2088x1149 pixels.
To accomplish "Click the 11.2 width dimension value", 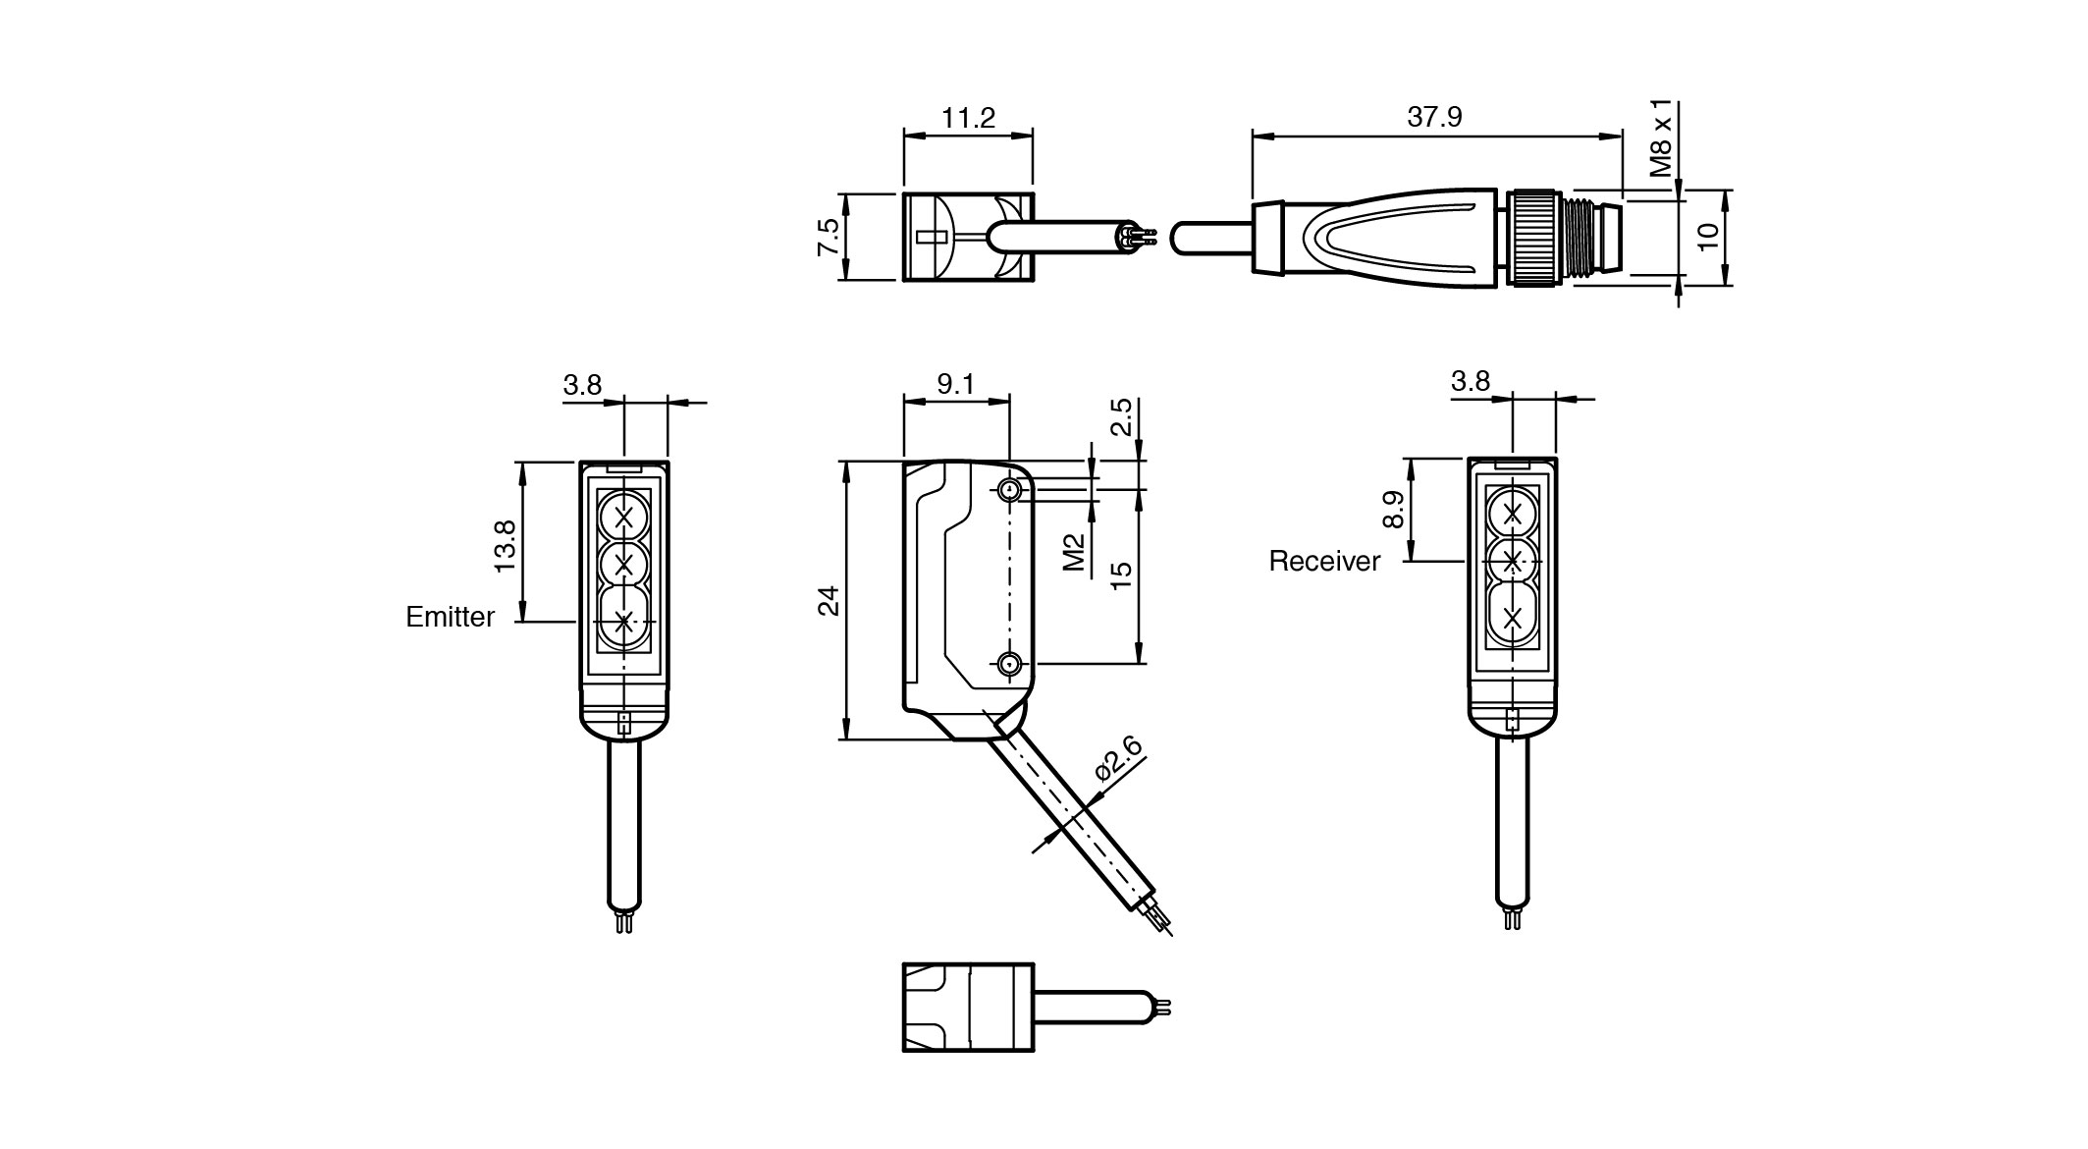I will [968, 119].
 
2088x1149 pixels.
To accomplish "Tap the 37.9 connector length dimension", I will [1434, 117].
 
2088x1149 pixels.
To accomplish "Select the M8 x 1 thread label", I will [1660, 138].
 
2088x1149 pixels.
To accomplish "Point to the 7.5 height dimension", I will [828, 238].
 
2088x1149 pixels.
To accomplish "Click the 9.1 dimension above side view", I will [955, 384].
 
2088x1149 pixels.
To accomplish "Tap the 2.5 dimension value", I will [1121, 416].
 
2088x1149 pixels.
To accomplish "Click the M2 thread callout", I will [1074, 552].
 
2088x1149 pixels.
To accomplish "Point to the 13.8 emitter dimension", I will [505, 546].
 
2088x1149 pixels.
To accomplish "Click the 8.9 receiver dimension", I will [1393, 510].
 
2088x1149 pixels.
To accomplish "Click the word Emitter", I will [451, 617].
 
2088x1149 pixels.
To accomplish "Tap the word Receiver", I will [1324, 561].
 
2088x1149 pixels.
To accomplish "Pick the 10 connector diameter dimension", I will [1708, 237].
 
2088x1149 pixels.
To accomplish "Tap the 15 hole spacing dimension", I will [1121, 574].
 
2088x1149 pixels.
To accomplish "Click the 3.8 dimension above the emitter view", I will [582, 384].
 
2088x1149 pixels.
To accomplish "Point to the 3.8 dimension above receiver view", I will [1470, 380].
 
